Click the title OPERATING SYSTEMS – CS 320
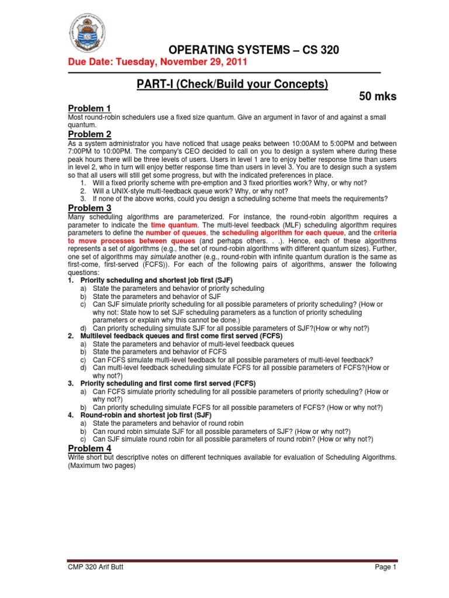coord(254,50)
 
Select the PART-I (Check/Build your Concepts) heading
coord(232,84)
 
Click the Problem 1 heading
coord(89,109)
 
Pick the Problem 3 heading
coord(89,208)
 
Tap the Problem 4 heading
coord(89,448)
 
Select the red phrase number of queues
coord(175,232)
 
